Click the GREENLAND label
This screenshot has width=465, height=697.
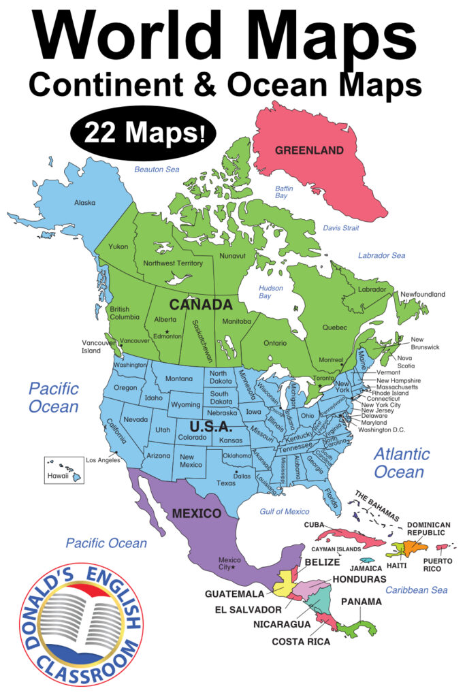click(309, 150)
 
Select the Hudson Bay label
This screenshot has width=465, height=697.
click(270, 292)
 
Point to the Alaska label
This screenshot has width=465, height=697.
click(84, 202)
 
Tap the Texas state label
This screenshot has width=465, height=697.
click(226, 483)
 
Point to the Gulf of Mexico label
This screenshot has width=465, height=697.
click(285, 511)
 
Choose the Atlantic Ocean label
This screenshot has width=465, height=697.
click(402, 462)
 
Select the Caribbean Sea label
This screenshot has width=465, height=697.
click(416, 589)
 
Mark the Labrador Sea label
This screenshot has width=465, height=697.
click(382, 255)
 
